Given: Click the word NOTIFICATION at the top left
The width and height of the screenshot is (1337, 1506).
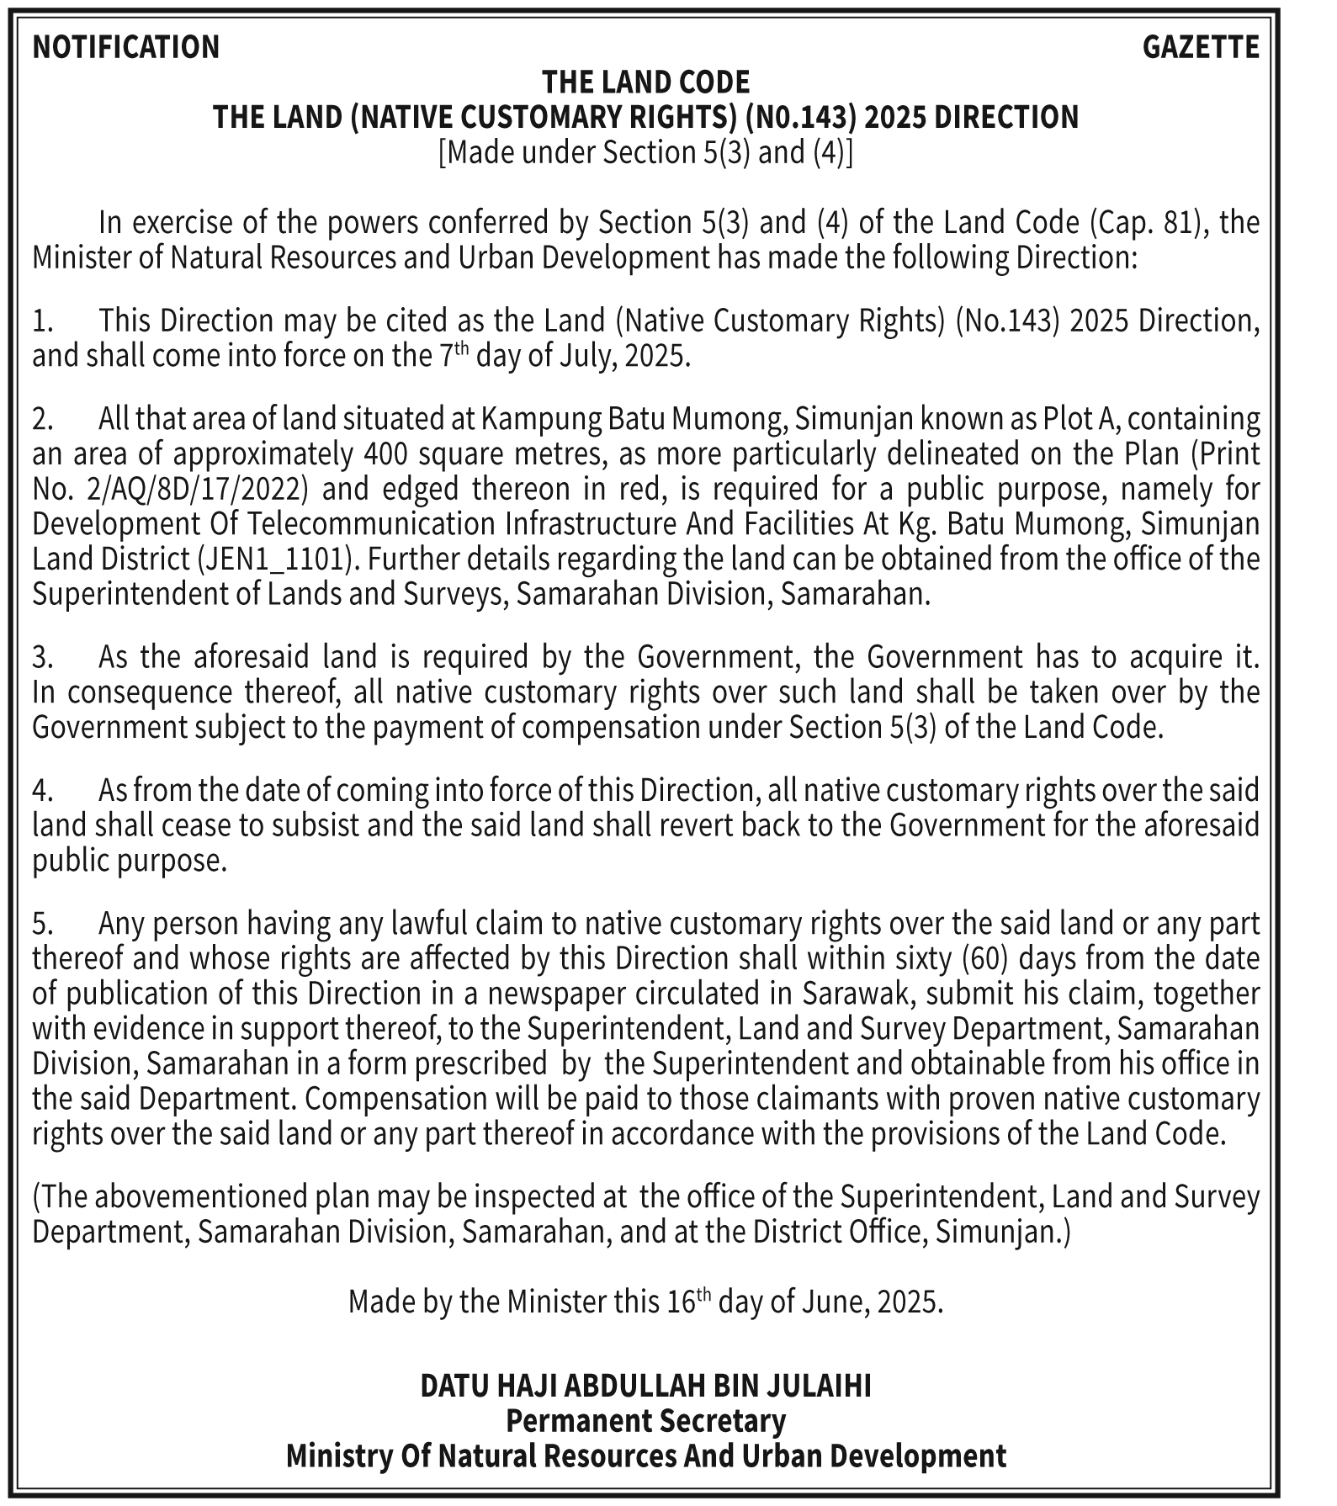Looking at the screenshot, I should click(x=125, y=47).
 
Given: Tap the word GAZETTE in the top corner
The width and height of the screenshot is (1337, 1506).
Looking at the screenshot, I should click(x=1201, y=47).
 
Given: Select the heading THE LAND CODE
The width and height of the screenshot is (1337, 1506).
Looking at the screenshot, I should click(x=645, y=82).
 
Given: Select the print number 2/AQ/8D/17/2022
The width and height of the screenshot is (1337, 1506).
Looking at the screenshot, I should click(x=186, y=489).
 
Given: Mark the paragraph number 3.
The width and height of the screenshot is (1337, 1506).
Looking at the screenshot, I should click(x=42, y=657).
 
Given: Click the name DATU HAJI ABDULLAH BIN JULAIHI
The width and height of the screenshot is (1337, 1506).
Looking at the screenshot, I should click(x=645, y=1386).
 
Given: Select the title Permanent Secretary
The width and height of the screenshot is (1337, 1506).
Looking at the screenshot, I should click(x=645, y=1421).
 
